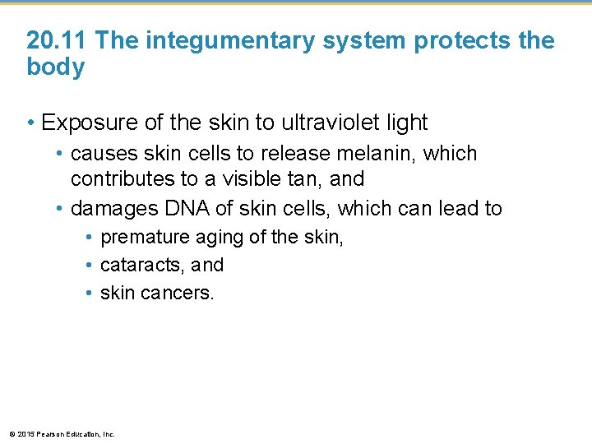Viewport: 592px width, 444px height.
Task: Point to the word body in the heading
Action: point(55,67)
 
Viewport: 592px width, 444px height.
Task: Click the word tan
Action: point(306,179)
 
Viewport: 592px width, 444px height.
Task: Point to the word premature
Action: point(145,238)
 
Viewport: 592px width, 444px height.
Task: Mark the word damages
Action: point(110,209)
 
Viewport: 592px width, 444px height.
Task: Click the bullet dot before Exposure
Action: point(31,123)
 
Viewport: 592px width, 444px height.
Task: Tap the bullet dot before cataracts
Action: point(89,266)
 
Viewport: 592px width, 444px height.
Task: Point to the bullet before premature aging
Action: point(89,238)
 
